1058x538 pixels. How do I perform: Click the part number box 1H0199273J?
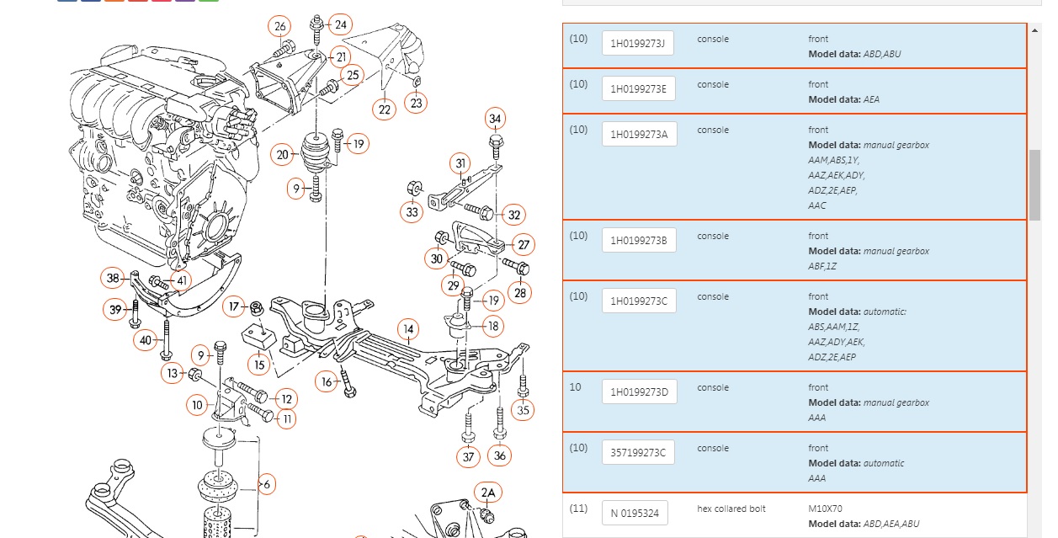click(638, 43)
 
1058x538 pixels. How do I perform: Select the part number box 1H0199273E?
click(638, 88)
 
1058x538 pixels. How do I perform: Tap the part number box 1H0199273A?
click(639, 134)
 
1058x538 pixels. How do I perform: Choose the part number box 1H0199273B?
click(639, 240)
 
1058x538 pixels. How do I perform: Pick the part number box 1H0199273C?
click(639, 301)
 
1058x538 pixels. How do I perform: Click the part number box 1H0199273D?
click(639, 392)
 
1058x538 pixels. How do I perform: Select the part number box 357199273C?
click(638, 452)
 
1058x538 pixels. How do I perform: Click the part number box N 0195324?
click(635, 513)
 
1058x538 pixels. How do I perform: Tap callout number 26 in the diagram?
click(280, 26)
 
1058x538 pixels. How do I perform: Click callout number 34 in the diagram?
click(495, 119)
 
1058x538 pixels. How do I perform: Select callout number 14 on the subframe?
click(408, 329)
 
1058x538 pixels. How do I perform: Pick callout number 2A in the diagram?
click(488, 492)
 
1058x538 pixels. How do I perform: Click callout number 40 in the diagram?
click(146, 340)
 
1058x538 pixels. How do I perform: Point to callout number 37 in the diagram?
click(469, 457)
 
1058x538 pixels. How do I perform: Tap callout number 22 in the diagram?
click(385, 109)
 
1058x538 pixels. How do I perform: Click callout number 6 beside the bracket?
click(266, 484)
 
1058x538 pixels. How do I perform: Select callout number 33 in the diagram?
click(412, 212)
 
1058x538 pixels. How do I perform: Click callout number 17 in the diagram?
click(235, 307)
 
